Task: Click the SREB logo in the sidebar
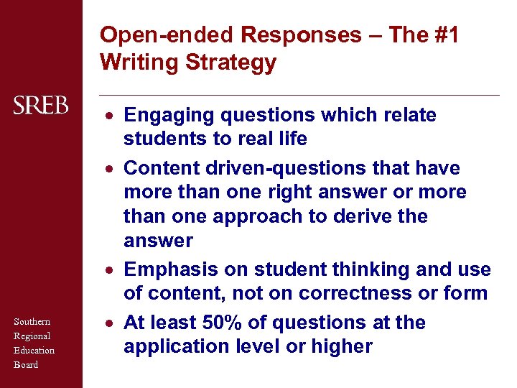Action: tap(41, 106)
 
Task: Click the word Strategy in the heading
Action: tap(230, 63)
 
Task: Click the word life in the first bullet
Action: tap(292, 138)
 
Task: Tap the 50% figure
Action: tap(228, 323)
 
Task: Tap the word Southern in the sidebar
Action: tap(32, 322)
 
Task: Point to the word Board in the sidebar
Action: tap(26, 364)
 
